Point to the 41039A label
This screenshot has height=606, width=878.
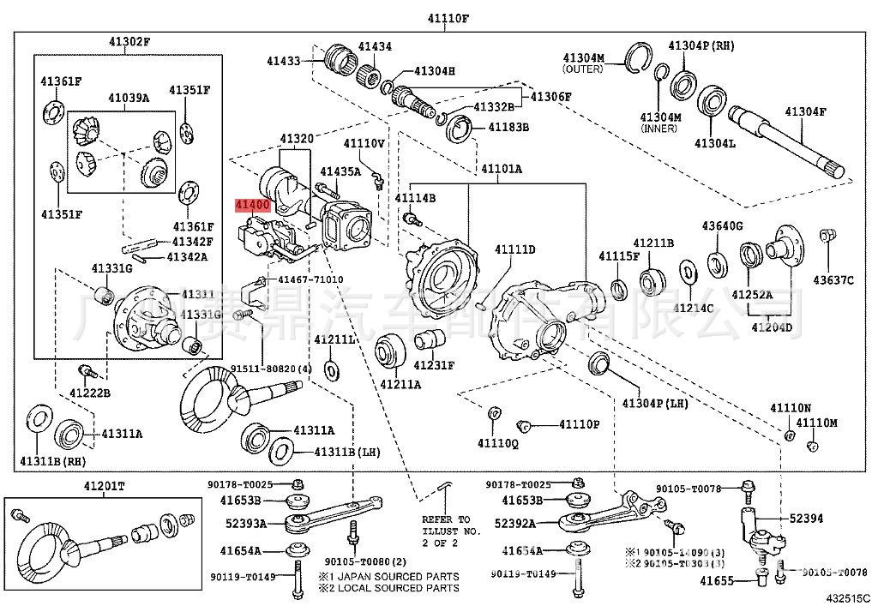tap(128, 99)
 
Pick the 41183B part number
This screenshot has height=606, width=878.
tap(508, 127)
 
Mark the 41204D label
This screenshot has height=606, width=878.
tap(772, 327)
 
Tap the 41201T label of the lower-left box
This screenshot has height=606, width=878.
tap(104, 487)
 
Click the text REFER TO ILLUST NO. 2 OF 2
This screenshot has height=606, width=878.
tap(446, 531)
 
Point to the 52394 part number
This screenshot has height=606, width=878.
tap(805, 519)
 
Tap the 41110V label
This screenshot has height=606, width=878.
tap(364, 142)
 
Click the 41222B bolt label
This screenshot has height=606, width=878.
tap(90, 393)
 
